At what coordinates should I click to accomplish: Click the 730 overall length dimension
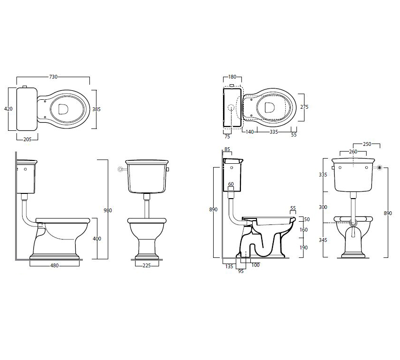point(53,77)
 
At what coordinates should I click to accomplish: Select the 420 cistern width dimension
point(8,109)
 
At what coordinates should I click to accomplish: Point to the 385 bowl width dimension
point(96,109)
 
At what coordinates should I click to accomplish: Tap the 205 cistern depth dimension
point(27,139)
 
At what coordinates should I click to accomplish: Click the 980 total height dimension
point(108,210)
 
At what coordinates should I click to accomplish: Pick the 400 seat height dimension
point(97,239)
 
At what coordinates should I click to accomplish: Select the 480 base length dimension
point(54,265)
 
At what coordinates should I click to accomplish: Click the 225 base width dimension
point(147,265)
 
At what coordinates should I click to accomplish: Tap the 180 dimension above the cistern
point(232,77)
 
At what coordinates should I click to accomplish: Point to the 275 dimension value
point(304,107)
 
